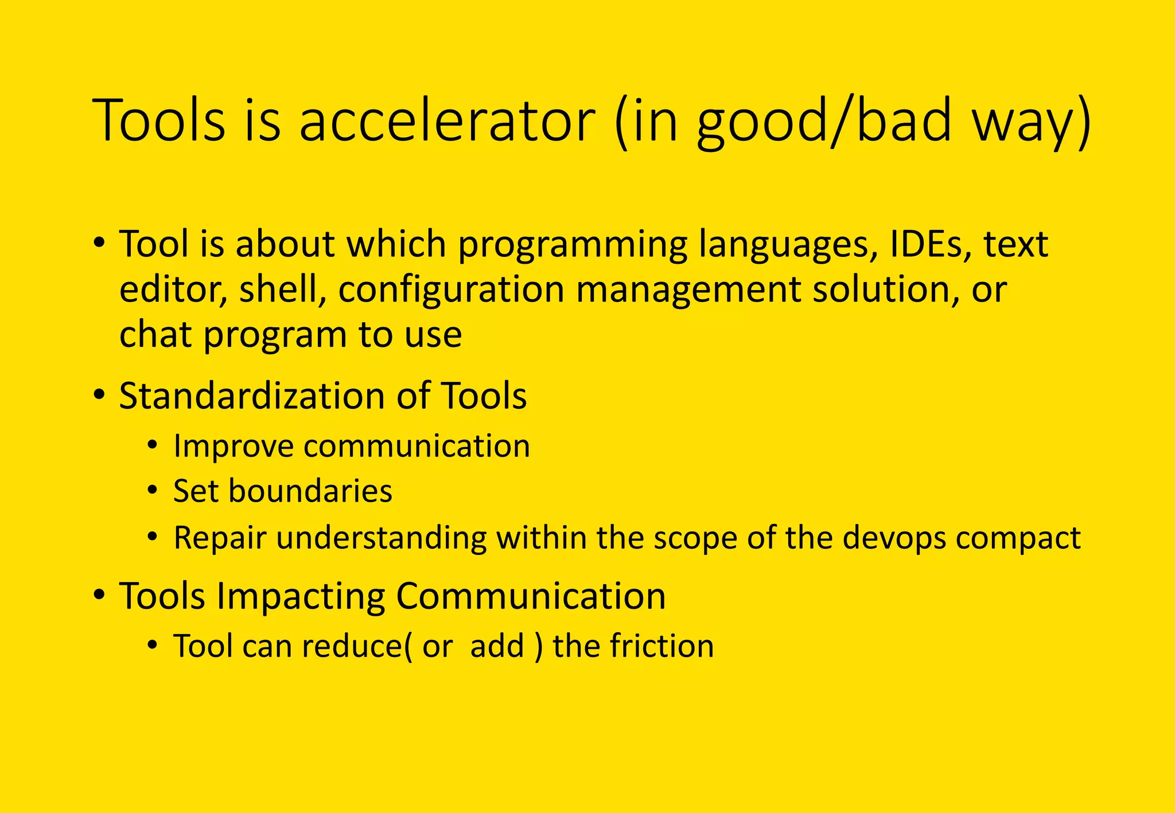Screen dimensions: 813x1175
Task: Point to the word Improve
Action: click(x=233, y=446)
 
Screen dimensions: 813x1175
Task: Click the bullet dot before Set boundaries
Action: click(x=151, y=490)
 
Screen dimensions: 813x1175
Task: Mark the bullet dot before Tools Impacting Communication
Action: click(x=99, y=595)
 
